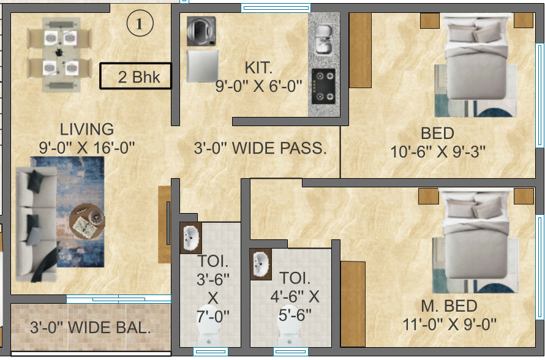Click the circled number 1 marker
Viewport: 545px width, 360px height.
(x=139, y=24)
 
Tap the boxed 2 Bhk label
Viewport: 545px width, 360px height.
(x=136, y=77)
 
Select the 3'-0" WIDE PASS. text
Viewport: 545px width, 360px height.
(x=260, y=148)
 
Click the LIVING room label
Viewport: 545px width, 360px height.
(x=86, y=130)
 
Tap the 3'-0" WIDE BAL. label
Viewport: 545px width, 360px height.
(x=90, y=328)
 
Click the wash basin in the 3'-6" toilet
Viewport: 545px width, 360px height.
(x=191, y=237)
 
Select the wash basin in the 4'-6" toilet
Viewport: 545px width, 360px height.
(x=261, y=263)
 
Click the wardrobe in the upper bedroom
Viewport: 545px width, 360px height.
(x=360, y=49)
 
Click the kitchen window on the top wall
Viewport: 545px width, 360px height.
(x=266, y=8)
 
